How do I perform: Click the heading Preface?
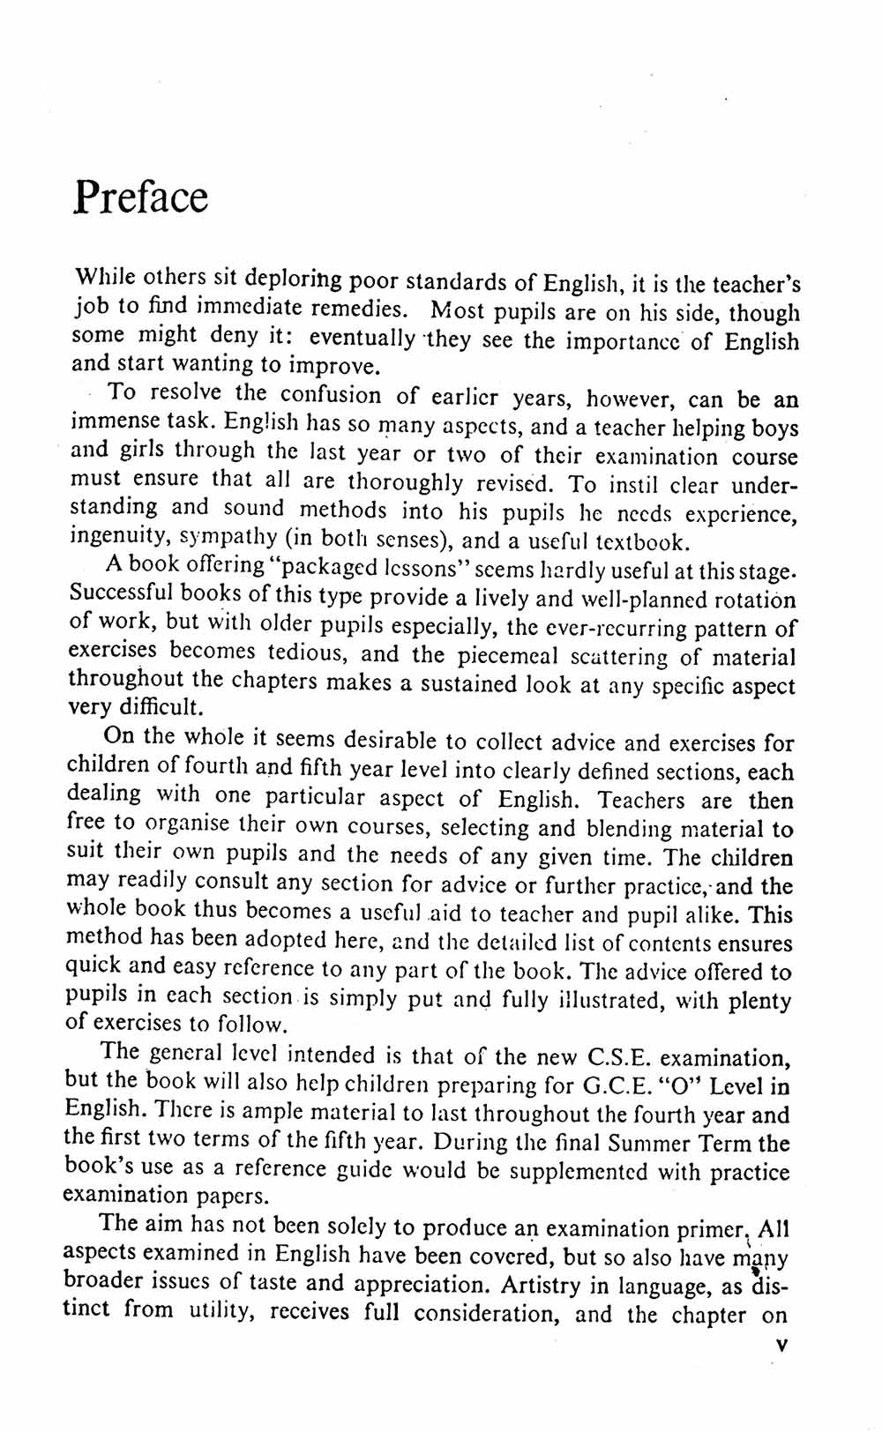pyautogui.click(x=141, y=197)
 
